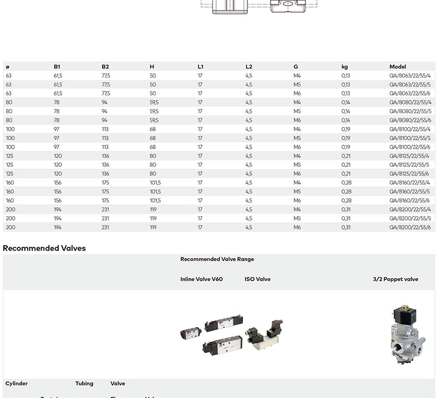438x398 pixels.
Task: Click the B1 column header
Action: [57, 67]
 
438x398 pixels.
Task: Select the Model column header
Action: [398, 67]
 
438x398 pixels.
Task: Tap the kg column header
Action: [344, 67]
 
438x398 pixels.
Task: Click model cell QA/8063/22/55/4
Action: [410, 75]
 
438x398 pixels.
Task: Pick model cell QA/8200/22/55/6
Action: [410, 227]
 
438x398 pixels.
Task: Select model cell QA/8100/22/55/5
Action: [410, 138]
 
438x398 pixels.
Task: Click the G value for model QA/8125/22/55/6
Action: [297, 174]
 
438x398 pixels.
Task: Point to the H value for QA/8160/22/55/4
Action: [155, 182]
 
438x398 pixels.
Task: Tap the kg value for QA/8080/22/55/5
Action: [345, 111]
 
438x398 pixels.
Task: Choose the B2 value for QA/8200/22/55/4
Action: [105, 210]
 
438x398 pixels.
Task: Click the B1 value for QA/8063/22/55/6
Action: [58, 93]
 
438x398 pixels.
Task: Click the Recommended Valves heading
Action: [44, 248]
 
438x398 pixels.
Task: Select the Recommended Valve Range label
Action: [217, 259]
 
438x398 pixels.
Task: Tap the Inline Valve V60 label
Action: [201, 279]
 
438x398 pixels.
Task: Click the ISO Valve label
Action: [257, 279]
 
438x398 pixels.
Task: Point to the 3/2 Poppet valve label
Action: [395, 279]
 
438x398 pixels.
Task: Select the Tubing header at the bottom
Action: [84, 384]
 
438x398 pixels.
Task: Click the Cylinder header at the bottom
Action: [17, 384]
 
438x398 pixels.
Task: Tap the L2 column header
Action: [249, 67]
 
